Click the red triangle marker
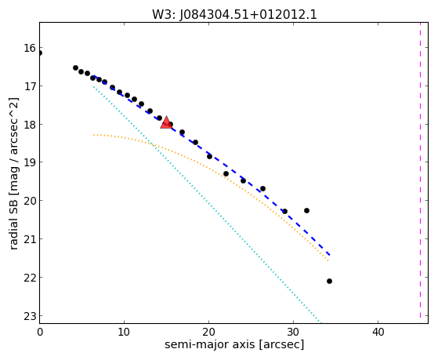tap(166, 122)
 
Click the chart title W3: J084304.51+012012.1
tap(234, 15)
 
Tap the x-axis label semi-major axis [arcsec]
tap(234, 344)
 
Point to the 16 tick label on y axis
tap(30, 48)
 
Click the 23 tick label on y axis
tap(30, 316)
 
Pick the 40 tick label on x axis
tap(378, 332)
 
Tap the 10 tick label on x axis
tap(124, 332)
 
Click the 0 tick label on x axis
tap(40, 332)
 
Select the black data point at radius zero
tap(40, 53)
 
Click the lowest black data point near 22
tap(329, 281)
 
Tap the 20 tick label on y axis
tap(30, 201)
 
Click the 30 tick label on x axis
tap(293, 332)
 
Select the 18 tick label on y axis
tap(30, 124)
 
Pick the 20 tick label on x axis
tap(208, 332)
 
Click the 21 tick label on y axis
tap(30, 239)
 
